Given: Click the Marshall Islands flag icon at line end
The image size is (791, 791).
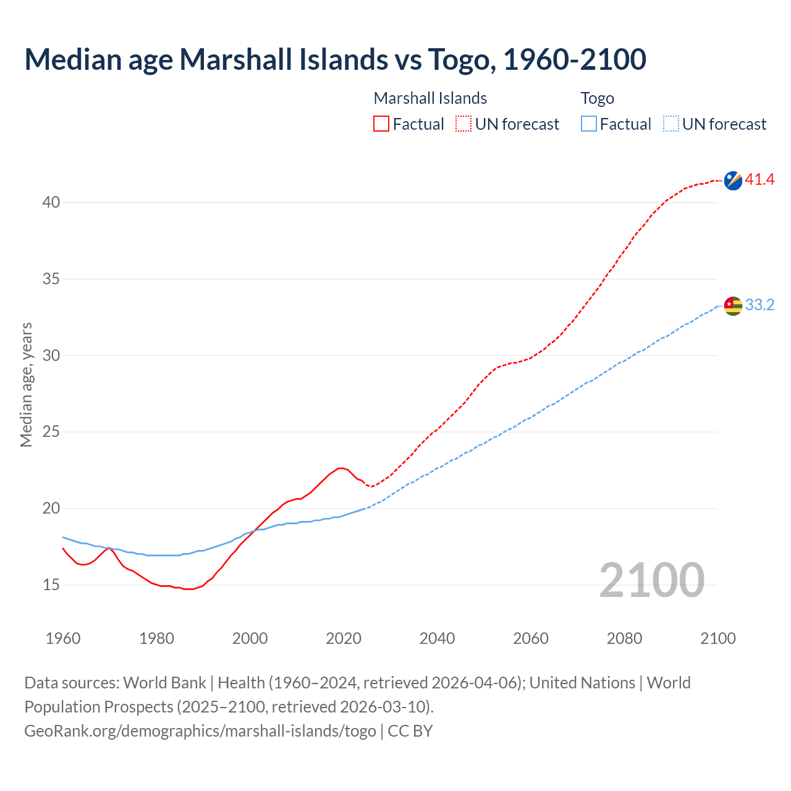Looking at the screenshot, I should point(733,180).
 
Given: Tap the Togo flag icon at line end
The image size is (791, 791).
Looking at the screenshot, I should point(733,305).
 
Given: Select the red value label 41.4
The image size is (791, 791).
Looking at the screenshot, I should point(759,180).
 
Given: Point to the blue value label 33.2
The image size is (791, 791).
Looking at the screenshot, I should point(759,305).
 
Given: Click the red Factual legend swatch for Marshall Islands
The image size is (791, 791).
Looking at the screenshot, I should point(381,124).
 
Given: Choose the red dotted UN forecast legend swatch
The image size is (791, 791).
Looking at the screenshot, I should point(463,124).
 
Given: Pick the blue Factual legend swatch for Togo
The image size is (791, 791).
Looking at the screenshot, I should point(589,124).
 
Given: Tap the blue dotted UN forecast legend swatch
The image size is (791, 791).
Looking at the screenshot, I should point(671,124).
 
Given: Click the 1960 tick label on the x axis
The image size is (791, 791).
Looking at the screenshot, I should point(63,638).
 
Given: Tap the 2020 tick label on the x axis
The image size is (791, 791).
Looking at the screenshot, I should point(344,638).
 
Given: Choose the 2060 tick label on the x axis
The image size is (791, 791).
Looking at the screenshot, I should point(531,638).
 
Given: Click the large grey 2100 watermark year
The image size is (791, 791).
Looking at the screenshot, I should point(651,580).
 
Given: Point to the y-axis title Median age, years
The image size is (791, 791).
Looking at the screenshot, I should point(26,384).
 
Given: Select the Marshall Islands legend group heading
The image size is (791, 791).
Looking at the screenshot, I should point(430,98).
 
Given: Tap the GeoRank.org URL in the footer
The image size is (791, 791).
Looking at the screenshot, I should point(200,730).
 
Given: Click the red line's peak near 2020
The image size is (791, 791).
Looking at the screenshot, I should point(341,468).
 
